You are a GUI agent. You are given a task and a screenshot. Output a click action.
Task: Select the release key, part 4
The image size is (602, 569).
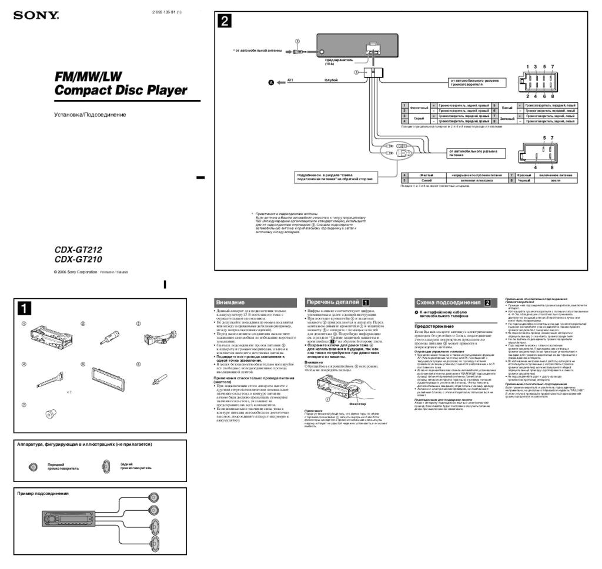click(50, 379)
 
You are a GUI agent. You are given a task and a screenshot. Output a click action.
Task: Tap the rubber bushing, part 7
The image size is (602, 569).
click(49, 415)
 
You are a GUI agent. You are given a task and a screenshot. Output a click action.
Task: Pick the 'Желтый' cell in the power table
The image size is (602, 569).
click(426, 175)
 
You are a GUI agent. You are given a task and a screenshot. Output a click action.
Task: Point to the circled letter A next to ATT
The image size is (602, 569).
click(271, 83)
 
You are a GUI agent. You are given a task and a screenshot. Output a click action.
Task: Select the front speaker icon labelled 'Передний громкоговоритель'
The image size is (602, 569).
click(34, 467)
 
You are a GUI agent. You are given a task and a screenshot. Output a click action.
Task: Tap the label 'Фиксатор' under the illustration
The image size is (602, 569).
click(357, 405)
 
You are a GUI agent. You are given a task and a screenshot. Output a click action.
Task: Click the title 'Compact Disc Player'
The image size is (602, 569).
click(121, 90)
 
